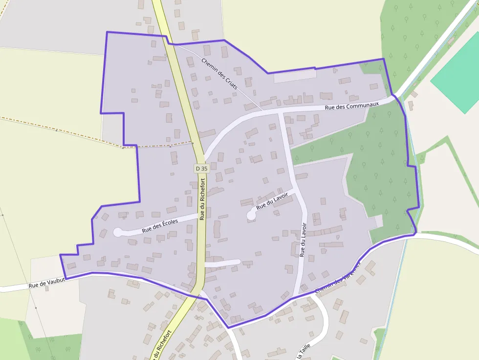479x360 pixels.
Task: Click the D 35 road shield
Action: click(x=201, y=168)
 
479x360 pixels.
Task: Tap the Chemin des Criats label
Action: click(x=219, y=73)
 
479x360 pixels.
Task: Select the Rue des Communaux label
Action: click(x=352, y=106)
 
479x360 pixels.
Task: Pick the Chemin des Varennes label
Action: click(x=337, y=278)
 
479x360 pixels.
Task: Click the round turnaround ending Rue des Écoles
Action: click(x=118, y=232)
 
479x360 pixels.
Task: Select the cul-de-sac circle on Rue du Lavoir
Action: click(x=252, y=214)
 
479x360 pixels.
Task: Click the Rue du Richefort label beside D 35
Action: click(x=202, y=199)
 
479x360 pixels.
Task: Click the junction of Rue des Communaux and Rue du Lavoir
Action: click(x=280, y=112)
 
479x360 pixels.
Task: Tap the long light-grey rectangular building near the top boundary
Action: click(x=295, y=76)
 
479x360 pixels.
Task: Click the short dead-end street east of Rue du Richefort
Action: click(x=222, y=263)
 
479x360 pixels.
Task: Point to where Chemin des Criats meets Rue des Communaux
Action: click(x=262, y=110)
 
